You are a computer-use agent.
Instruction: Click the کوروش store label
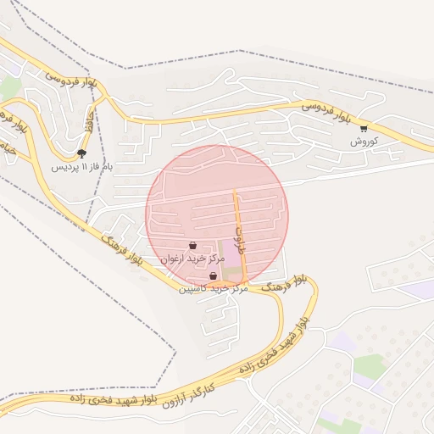363,142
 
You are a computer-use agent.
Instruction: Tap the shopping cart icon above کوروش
364,129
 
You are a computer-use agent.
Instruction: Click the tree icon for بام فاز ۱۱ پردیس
81,153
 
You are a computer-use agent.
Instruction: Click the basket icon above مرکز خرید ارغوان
193,246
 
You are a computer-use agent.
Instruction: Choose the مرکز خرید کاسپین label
213,289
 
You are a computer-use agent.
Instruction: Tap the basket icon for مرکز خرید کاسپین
213,276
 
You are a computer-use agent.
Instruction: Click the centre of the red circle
217,217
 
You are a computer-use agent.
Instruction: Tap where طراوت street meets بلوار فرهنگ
246,283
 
